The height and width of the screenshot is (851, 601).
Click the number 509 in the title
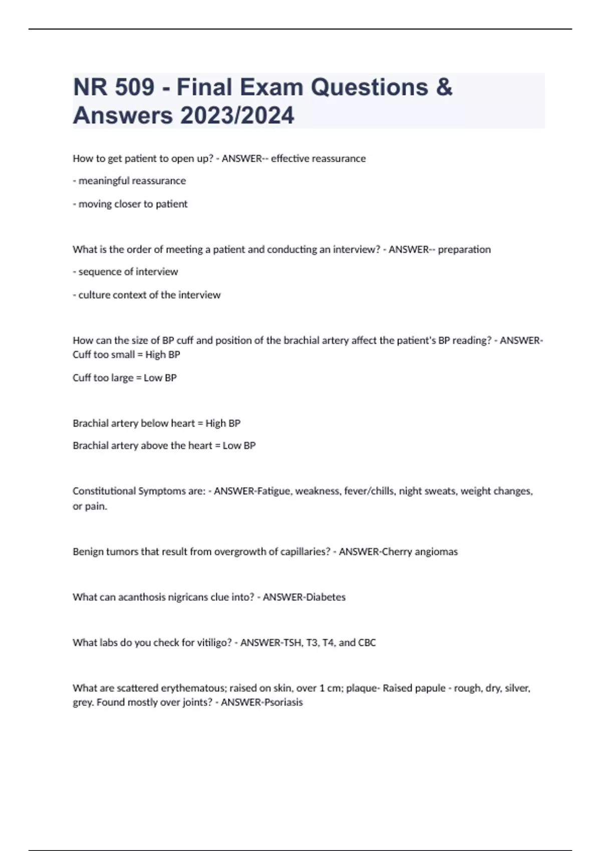pyautogui.click(x=134, y=88)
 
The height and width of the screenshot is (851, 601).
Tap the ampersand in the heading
pyautogui.click(x=444, y=88)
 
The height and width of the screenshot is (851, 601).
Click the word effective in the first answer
pyautogui.click(x=290, y=159)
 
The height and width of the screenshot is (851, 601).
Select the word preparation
pyautogui.click(x=464, y=249)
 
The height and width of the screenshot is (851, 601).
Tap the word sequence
pyautogui.click(x=100, y=272)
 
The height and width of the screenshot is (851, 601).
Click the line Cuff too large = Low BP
pyautogui.click(x=125, y=378)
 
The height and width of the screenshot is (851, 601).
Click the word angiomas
pyautogui.click(x=437, y=552)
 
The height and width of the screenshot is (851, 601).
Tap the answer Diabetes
pyautogui.click(x=326, y=597)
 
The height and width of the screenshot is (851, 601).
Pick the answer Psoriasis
pyautogui.click(x=283, y=702)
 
